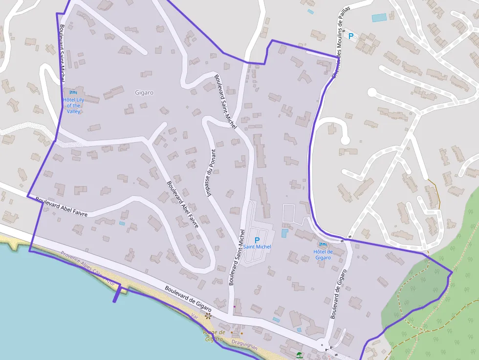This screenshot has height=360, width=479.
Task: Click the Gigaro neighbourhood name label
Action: click(x=144, y=92)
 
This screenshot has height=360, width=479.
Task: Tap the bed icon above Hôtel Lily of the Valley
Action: click(x=73, y=92)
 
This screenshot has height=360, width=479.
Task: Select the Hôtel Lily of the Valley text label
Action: click(x=73, y=106)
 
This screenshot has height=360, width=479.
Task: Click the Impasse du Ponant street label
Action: click(x=212, y=172)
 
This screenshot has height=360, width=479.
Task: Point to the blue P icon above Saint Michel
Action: click(x=257, y=240)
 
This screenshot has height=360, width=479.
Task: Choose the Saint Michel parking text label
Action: click(x=257, y=247)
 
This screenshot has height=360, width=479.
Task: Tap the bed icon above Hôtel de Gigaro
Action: click(x=323, y=244)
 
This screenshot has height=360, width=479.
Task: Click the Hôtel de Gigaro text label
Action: click(x=323, y=254)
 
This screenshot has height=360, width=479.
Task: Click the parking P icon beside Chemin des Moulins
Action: click(x=350, y=36)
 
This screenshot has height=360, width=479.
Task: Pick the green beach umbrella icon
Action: click(x=299, y=355)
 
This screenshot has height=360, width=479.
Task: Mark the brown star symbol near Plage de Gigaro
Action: click(x=208, y=316)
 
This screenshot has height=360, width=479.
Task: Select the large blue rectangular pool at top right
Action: click(x=379, y=18)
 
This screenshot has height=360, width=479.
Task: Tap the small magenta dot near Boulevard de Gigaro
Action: click(x=235, y=307)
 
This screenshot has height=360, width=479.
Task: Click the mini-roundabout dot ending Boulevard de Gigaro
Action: click(x=322, y=346)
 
